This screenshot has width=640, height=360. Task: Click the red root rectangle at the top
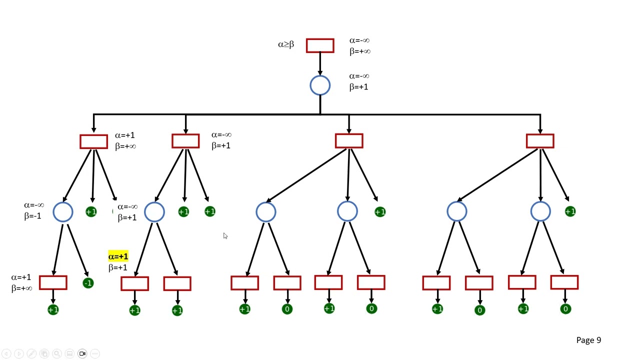tap(320, 45)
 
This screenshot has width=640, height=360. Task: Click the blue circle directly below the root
tap(320, 85)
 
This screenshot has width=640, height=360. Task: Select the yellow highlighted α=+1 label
tap(118, 256)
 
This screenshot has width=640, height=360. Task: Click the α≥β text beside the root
tap(286, 44)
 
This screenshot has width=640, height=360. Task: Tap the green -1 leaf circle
tap(88, 283)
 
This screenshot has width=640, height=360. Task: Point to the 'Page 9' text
tap(588, 340)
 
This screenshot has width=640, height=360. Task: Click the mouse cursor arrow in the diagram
tap(225, 236)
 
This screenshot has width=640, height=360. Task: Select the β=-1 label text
tap(32, 216)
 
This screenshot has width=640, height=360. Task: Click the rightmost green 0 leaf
tap(565, 309)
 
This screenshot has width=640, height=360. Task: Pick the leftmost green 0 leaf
tap(287, 309)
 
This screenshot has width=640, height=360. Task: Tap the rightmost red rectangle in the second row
tap(540, 141)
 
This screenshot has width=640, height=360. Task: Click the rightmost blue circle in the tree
tap(540, 212)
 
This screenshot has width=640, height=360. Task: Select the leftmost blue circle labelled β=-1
tap(63, 212)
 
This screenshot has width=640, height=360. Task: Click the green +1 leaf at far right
tap(570, 212)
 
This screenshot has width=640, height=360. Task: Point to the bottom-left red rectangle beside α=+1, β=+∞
tap(53, 282)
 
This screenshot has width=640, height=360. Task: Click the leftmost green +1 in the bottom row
tap(53, 310)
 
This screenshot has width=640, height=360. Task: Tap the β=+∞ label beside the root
tap(360, 51)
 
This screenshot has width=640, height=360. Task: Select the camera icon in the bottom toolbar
tap(82, 353)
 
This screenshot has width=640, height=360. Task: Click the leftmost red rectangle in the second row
tap(93, 141)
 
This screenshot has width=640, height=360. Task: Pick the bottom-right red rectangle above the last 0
tap(564, 282)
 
